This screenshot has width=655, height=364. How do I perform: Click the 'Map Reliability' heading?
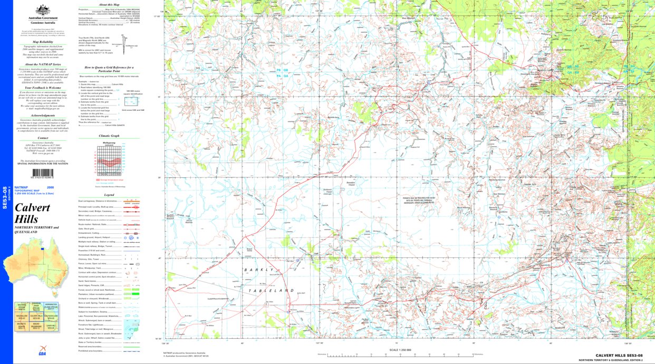(x=43, y=41)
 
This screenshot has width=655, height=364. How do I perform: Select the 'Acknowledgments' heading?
(x=43, y=115)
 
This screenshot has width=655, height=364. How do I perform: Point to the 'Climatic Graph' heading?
(x=109, y=136)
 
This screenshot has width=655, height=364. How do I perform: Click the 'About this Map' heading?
(x=109, y=4)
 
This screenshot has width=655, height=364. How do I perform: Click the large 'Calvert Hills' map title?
(x=32, y=213)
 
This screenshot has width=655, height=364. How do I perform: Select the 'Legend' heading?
(x=109, y=195)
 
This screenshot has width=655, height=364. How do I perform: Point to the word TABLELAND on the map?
(x=275, y=290)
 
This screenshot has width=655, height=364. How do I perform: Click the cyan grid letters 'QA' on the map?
(x=286, y=75)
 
